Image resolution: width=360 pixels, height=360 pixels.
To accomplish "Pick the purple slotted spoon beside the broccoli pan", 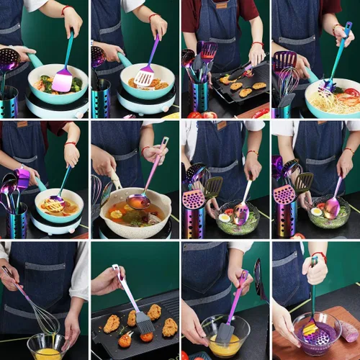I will [9, 60].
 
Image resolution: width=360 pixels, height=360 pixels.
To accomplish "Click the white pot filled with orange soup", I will [136, 212].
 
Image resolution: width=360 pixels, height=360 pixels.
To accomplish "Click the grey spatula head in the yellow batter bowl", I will [225, 332].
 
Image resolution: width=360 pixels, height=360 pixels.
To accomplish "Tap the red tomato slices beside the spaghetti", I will [351, 93].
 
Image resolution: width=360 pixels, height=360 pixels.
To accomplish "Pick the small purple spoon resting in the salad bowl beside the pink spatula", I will [241, 212].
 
